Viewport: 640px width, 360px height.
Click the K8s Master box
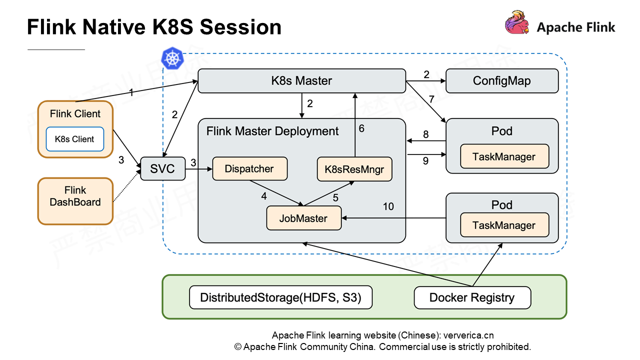click(301, 81)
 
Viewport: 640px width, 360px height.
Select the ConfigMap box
click(501, 81)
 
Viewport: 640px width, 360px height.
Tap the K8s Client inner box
click(74, 139)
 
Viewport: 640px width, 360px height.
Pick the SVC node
click(162, 168)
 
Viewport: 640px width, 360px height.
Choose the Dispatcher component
click(249, 168)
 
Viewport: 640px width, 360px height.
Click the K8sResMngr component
click(354, 169)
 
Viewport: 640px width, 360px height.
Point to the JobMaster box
click(303, 218)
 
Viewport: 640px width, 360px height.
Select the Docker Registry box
click(472, 298)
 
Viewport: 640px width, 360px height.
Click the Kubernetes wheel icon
click(172, 58)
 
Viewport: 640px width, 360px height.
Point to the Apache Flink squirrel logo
click(517, 23)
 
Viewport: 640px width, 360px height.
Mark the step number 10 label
click(388, 206)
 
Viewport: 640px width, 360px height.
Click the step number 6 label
click(361, 128)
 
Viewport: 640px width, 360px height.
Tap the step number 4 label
click(264, 196)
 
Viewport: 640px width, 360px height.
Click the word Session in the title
click(240, 27)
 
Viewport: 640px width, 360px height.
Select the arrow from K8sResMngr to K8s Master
click(355, 125)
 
